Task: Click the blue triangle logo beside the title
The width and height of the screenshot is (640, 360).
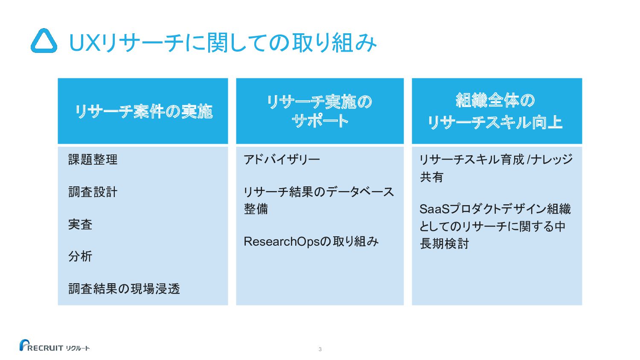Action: click(44, 41)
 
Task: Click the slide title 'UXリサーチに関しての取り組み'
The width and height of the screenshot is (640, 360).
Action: click(222, 43)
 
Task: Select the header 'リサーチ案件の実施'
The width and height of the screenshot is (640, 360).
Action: click(143, 111)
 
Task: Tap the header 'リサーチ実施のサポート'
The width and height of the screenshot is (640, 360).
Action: click(320, 111)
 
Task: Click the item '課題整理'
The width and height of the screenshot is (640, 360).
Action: click(93, 160)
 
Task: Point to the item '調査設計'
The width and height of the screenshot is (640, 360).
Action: click(93, 192)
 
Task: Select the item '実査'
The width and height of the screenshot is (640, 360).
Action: click(80, 224)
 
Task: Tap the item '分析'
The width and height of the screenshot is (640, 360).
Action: click(80, 256)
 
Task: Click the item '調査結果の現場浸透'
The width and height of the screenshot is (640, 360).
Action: click(124, 289)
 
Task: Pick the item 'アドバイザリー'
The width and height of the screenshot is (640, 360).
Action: click(282, 160)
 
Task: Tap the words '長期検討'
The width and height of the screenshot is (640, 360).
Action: click(444, 244)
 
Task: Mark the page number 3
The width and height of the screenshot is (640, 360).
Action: click(320, 349)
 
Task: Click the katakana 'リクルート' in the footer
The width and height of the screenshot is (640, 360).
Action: click(78, 348)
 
